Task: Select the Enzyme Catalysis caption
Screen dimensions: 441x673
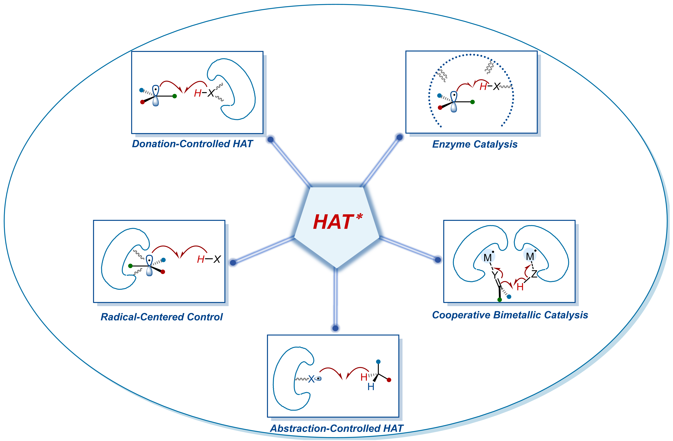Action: (475, 144)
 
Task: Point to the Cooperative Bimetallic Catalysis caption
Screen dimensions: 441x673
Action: (510, 315)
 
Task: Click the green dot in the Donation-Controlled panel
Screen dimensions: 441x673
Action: (175, 96)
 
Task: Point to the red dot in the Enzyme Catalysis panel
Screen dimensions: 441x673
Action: (440, 108)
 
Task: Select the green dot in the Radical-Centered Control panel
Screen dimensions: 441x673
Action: (130, 266)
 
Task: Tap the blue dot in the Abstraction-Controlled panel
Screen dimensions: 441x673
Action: (378, 362)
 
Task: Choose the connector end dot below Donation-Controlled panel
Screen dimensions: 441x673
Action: (271, 139)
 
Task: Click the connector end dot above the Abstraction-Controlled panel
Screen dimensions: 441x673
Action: (335, 328)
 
